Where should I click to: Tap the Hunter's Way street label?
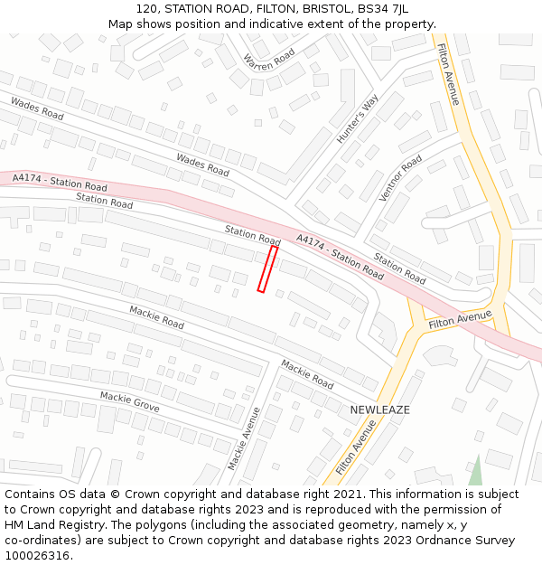(x=357, y=118)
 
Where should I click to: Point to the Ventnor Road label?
(x=401, y=177)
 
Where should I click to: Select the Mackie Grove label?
(x=129, y=402)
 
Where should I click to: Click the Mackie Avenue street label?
(x=244, y=438)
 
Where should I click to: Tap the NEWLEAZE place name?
(x=379, y=410)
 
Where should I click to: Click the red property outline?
(x=267, y=269)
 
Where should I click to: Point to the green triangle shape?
(x=475, y=472)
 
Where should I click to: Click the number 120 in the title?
(x=149, y=9)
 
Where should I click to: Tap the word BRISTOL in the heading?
(x=321, y=9)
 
